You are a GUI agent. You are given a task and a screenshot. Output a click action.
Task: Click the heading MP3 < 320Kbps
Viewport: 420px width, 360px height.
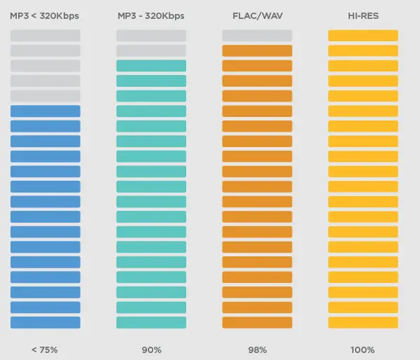coord(45,15)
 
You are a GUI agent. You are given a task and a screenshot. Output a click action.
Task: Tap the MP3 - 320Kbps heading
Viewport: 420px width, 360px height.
coord(150,15)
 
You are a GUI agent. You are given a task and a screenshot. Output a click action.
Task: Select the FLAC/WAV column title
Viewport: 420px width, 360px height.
coord(257,15)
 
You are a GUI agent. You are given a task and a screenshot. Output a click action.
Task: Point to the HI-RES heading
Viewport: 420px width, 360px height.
coord(363,15)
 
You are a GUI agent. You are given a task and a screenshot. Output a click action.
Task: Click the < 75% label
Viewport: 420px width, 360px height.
coord(45,349)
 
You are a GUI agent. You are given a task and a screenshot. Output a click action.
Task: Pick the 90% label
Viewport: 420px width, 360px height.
coord(151,349)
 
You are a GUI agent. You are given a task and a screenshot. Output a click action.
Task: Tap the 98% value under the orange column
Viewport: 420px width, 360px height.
coord(257,349)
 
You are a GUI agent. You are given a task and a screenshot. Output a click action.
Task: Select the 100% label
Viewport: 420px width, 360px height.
coord(363,349)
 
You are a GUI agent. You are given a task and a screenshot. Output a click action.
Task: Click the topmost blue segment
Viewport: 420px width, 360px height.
coord(45,111)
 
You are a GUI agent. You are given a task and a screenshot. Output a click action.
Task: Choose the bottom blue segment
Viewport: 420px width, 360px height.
coord(45,322)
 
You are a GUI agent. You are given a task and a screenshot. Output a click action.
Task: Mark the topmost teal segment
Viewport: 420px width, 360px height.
coord(151,66)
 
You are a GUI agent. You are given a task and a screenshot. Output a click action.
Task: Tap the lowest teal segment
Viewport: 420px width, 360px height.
coord(151,322)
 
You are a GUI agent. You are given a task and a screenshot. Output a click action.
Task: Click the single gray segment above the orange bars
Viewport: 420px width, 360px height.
coord(257,35)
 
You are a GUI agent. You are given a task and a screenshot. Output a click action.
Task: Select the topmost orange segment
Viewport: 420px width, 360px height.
coord(257,50)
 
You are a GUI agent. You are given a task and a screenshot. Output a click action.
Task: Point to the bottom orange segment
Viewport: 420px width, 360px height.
coord(257,322)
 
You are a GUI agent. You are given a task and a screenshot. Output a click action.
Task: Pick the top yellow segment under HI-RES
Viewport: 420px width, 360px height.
coord(363,35)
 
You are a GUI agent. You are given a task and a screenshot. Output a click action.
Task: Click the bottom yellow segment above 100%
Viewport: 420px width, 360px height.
coord(363,322)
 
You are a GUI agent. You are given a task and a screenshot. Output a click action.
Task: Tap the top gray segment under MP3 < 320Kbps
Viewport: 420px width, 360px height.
coord(45,35)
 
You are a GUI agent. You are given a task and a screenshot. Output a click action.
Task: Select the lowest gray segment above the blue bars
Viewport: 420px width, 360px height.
coord(45,96)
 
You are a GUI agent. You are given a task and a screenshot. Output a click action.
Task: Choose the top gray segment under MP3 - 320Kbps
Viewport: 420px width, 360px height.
coord(151,35)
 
